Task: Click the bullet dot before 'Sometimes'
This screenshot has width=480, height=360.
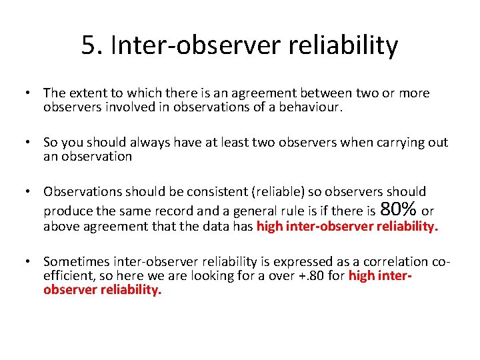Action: click(30, 262)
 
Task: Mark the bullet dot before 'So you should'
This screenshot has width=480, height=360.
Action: click(30, 142)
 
